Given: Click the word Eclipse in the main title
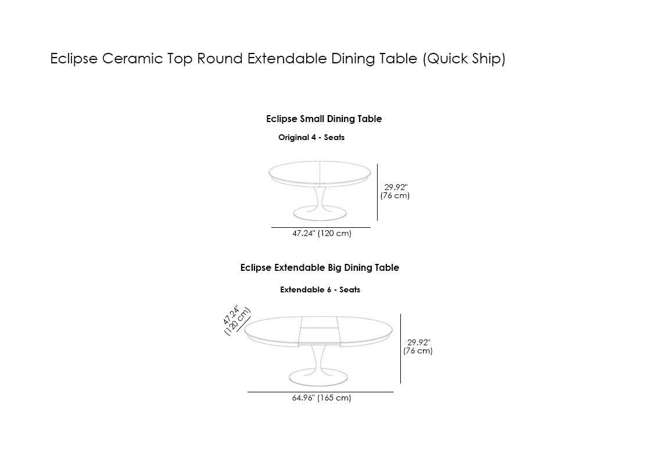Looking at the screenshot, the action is pyautogui.click(x=74, y=59).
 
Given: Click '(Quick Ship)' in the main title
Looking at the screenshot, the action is pyautogui.click(x=464, y=59).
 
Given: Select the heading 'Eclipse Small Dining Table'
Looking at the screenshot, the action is pyautogui.click(x=324, y=119).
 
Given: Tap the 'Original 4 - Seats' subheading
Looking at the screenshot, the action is pyautogui.click(x=311, y=137).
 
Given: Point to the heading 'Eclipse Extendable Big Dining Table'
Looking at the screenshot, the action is pyautogui.click(x=320, y=268).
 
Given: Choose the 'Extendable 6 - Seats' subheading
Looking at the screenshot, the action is pyautogui.click(x=320, y=290).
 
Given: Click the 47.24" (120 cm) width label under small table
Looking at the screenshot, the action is pyautogui.click(x=322, y=233).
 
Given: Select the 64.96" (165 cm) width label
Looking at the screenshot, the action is pyautogui.click(x=322, y=398).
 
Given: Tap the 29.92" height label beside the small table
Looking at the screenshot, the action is pyautogui.click(x=395, y=191).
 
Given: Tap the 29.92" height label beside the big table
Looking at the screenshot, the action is pyautogui.click(x=418, y=346).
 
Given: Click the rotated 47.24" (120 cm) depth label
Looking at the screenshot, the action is pyautogui.click(x=236, y=320).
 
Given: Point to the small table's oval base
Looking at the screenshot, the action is pyautogui.click(x=320, y=213).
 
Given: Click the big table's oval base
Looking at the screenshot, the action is pyautogui.click(x=318, y=377).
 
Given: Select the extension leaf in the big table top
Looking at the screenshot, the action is pyautogui.click(x=319, y=331).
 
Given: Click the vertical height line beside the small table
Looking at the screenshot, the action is pyautogui.click(x=378, y=192).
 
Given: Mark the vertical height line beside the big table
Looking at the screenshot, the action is pyautogui.click(x=401, y=348).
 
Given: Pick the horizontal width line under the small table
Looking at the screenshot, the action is pyautogui.click(x=321, y=227).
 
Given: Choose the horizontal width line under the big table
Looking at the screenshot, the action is pyautogui.click(x=320, y=392).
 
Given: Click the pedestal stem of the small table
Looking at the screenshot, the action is pyautogui.click(x=320, y=196).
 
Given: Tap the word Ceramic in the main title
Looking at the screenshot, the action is pyautogui.click(x=132, y=59).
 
